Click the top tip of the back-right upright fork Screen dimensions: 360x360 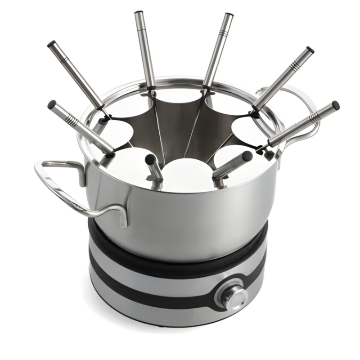click(x=229, y=17)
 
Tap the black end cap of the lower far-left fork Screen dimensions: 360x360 click(x=51, y=104)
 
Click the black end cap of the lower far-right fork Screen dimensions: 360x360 click(x=335, y=105)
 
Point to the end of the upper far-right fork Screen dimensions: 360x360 click(x=310, y=49)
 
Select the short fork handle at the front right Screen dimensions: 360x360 click(x=234, y=164)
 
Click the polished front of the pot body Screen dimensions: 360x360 click(x=189, y=216)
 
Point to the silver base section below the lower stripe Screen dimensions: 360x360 click(x=157, y=310)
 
